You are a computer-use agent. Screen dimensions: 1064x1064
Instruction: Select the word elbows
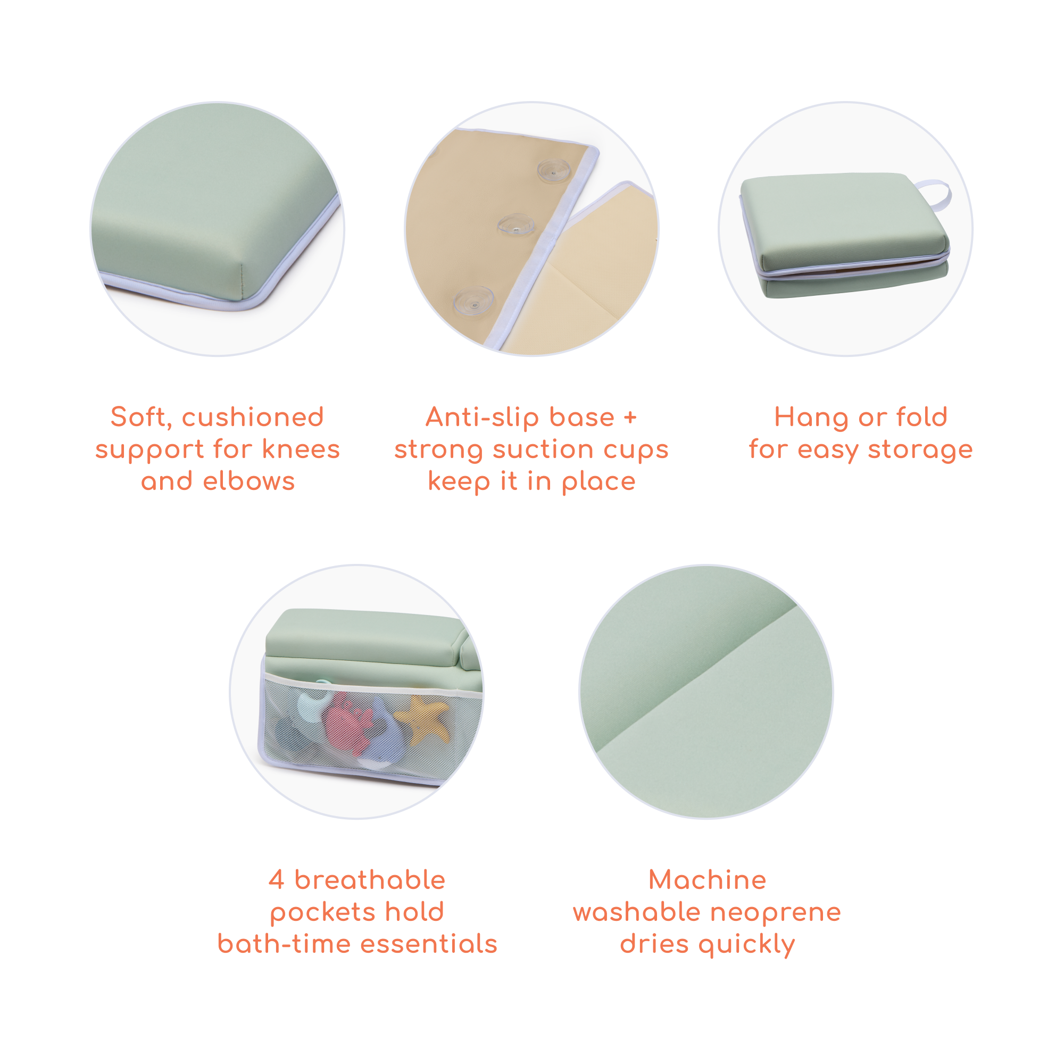click(x=249, y=481)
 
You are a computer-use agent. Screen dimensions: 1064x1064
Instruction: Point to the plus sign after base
click(x=630, y=418)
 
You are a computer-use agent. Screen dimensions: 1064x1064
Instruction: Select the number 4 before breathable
click(x=277, y=879)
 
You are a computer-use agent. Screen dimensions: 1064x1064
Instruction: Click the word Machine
click(x=707, y=879)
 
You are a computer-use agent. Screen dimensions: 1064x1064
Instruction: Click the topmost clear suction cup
click(x=554, y=171)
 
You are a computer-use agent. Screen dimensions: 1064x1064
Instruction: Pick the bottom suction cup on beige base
click(x=473, y=300)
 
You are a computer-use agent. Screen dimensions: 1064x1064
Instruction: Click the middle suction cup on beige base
click(x=516, y=225)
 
